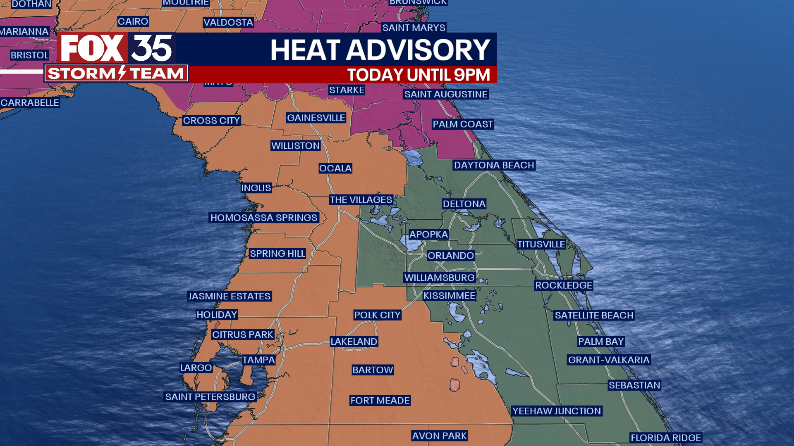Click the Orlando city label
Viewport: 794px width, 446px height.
coord(450,256)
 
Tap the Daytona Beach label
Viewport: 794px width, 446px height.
coord(494,165)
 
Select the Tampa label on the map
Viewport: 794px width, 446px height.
coord(258,360)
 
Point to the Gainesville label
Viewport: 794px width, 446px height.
coord(316,118)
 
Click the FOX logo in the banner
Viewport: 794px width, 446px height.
coord(92,48)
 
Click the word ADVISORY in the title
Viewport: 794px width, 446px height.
coord(418,50)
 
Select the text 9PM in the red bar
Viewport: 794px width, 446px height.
coord(471,75)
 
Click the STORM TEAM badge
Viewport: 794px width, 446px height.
coord(116,74)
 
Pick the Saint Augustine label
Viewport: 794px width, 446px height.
coord(446,94)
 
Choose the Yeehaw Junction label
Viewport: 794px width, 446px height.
coord(556,411)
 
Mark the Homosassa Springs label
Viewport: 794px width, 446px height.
coord(263,218)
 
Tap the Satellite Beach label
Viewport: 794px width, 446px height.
coord(594,316)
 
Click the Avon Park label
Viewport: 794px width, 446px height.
coord(439,436)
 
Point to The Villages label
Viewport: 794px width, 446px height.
coord(361,200)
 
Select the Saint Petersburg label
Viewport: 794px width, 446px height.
coord(210,397)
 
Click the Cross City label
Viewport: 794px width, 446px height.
coord(211,121)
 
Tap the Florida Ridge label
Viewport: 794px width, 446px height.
coord(665,438)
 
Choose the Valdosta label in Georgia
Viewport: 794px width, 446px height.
coord(228,22)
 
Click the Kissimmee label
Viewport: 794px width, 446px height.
coord(449,296)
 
